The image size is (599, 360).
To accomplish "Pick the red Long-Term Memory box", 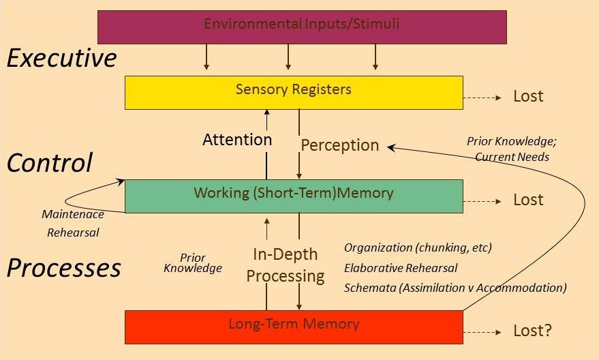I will tap(294, 327).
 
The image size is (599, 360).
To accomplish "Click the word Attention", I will tap(237, 140).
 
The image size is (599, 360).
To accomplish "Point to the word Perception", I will tap(339, 145).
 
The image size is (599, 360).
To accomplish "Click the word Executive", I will tap(62, 59).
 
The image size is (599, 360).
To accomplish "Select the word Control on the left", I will tap(49, 163).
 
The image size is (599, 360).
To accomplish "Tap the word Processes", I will tap(64, 268).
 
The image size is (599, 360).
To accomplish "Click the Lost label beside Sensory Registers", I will tap(528, 96).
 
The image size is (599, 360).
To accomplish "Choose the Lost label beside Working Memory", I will tap(528, 200).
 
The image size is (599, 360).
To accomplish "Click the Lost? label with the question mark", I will tap(532, 331).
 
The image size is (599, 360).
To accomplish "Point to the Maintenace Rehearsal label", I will tap(73, 223).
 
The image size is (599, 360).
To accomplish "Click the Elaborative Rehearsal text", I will tap(401, 267).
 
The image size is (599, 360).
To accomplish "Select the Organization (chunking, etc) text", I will tap(418, 247).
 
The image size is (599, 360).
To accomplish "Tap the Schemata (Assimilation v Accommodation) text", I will tap(455, 287).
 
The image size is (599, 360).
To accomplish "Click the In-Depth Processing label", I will tap(285, 265).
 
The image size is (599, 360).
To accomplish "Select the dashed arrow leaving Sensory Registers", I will tap(482, 97).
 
